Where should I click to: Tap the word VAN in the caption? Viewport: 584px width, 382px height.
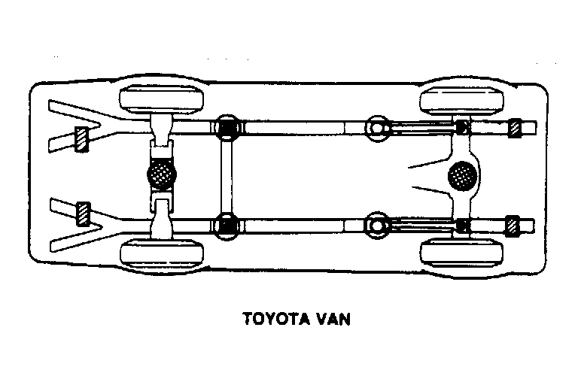(333, 319)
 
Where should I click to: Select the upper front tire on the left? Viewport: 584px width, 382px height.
(162, 99)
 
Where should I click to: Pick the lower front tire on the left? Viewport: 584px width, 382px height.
(162, 253)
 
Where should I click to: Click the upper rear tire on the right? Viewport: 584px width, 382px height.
(461, 101)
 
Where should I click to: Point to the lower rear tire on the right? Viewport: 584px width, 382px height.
(461, 253)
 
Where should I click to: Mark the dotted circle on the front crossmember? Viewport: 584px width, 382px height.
(162, 174)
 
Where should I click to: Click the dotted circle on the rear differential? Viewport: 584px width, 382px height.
(462, 175)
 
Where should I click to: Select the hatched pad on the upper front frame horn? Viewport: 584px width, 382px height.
(82, 139)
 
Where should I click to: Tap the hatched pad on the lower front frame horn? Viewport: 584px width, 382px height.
(83, 214)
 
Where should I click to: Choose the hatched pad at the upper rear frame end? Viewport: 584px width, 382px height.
(515, 128)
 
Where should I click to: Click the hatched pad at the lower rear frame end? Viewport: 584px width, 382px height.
(513, 226)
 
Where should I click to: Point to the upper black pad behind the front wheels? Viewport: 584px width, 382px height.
(227, 128)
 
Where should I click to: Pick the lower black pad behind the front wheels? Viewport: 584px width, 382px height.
(227, 226)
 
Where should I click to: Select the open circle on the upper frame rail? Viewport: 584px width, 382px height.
(377, 129)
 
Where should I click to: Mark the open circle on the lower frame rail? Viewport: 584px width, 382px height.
(377, 226)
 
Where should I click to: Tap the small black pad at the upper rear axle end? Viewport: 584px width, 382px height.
(462, 127)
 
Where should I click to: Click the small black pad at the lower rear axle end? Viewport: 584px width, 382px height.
(463, 226)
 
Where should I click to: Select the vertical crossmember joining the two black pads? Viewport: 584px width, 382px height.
(227, 177)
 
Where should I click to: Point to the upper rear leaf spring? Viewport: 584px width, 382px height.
(423, 129)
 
